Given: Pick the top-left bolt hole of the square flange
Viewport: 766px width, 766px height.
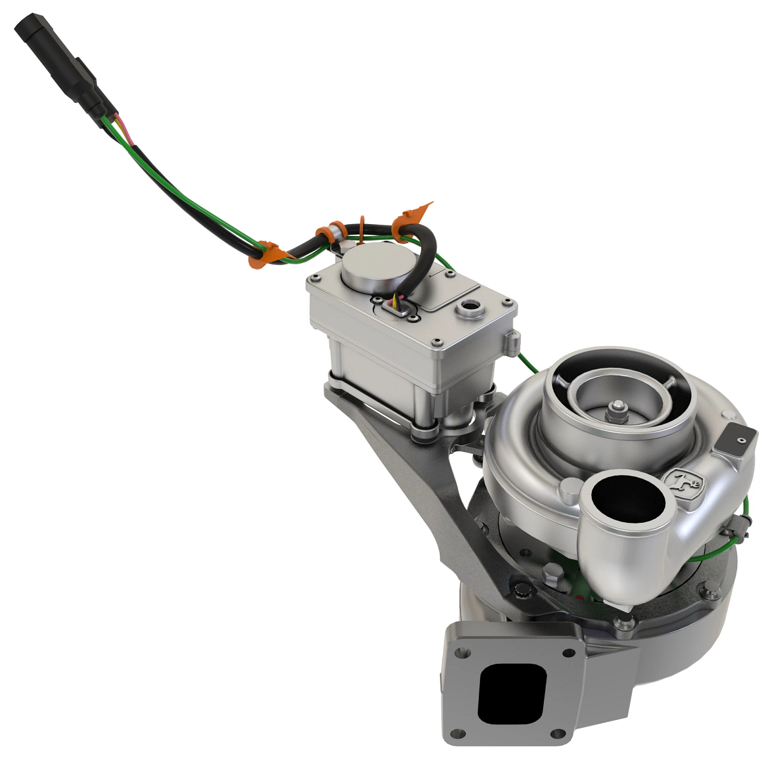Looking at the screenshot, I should [x=465, y=652].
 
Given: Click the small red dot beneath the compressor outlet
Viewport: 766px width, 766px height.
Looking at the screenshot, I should [x=580, y=597].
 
